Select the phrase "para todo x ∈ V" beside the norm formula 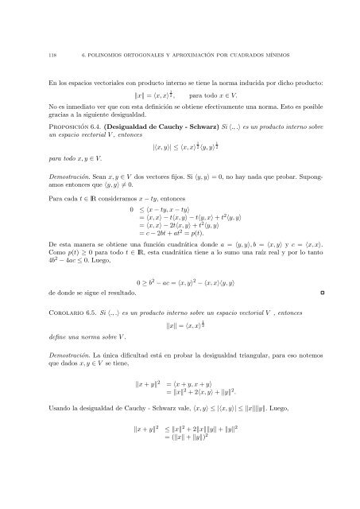click(x=237, y=95)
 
